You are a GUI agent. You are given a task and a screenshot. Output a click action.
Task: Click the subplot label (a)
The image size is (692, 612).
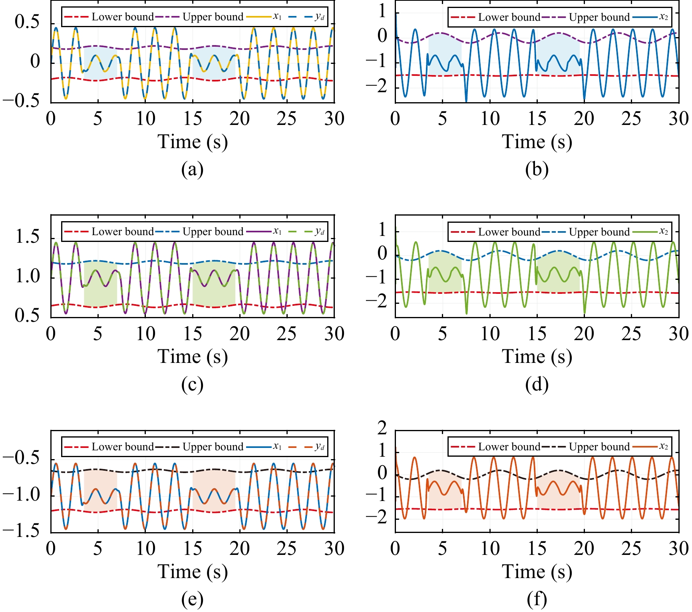pyautogui.click(x=192, y=170)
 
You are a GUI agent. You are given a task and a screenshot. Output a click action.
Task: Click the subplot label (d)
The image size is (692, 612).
pyautogui.click(x=537, y=384)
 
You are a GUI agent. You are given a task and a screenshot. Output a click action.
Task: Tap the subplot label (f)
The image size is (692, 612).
pyautogui.click(x=537, y=599)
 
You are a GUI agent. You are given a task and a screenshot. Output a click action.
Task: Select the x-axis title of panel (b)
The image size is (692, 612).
pyautogui.click(x=537, y=142)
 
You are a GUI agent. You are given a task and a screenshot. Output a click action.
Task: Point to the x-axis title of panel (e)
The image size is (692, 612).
pyautogui.click(x=192, y=572)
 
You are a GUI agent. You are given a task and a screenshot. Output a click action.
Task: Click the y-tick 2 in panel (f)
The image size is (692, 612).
pyautogui.click(x=382, y=428)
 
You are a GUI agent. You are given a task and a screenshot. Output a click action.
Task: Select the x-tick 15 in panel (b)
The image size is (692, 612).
pyautogui.click(x=537, y=119)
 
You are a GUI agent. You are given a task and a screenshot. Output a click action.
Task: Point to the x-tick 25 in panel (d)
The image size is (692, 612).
pyautogui.click(x=631, y=334)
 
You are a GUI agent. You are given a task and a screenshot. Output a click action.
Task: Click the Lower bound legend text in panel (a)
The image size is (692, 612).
pyautogui.click(x=122, y=17)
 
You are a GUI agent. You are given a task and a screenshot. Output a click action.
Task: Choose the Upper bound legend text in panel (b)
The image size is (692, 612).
pyautogui.click(x=599, y=18)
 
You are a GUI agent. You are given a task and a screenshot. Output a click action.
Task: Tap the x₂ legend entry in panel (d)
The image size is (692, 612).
pyautogui.click(x=663, y=232)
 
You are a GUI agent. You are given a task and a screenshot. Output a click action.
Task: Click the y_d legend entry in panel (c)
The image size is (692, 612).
pyautogui.click(x=319, y=232)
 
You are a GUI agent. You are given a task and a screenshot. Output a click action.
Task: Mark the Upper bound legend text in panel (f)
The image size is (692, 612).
pyautogui.click(x=599, y=447)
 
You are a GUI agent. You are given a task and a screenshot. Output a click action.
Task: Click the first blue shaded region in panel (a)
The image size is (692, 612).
pyautogui.click(x=100, y=64)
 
